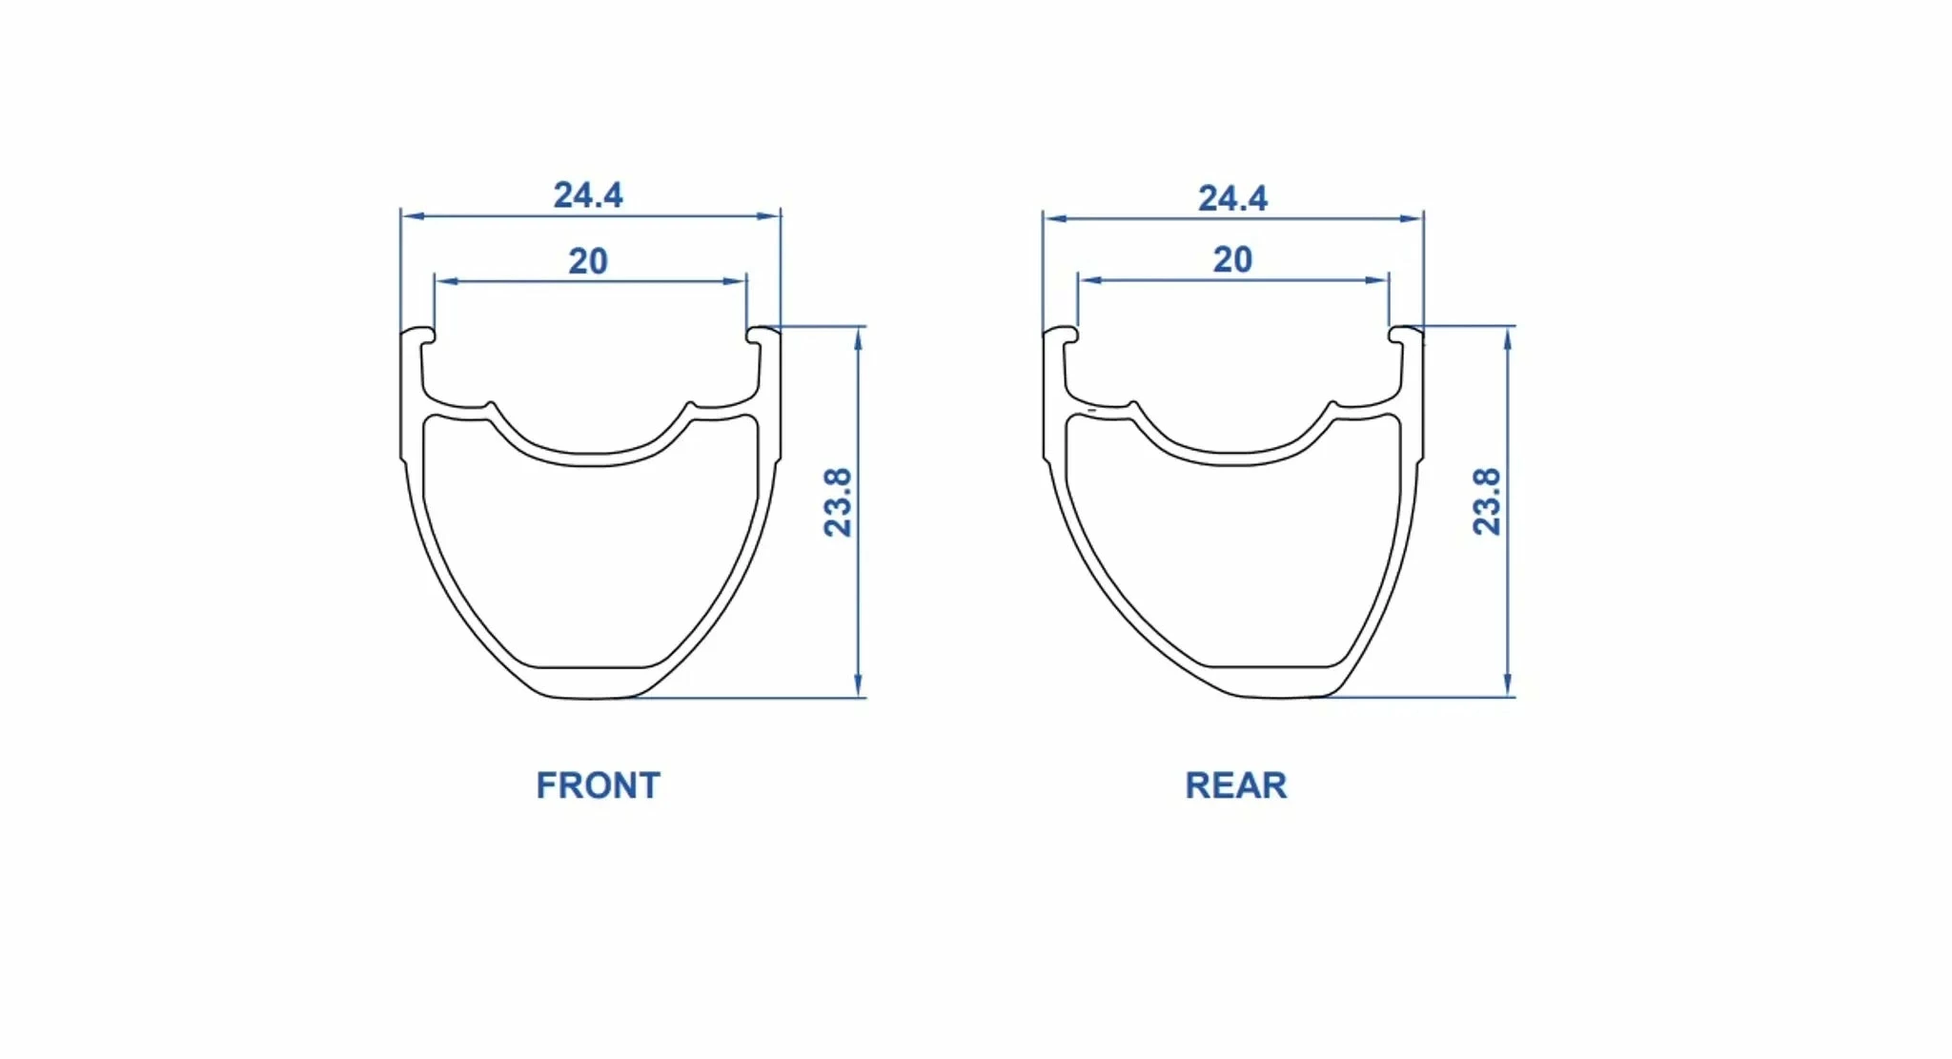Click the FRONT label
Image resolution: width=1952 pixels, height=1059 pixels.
click(598, 785)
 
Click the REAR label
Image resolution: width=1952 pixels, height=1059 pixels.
click(1235, 785)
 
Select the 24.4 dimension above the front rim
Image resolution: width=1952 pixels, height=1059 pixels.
click(588, 194)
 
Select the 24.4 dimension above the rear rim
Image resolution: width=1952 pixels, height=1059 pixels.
click(1232, 198)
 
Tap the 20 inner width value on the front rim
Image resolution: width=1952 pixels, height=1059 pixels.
click(588, 261)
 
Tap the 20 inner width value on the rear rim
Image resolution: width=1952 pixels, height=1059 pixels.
click(1232, 259)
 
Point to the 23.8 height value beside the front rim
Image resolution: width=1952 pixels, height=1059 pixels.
click(838, 502)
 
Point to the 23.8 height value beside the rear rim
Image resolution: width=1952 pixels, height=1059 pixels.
click(1487, 501)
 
